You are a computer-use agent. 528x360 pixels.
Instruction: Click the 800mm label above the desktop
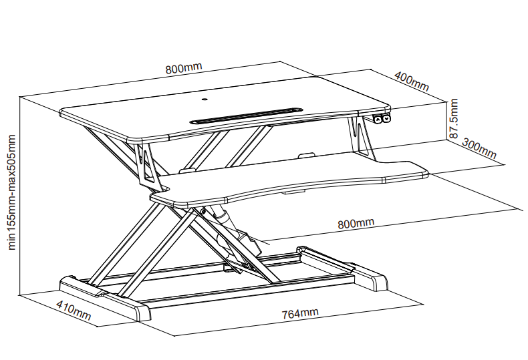tap(184, 67)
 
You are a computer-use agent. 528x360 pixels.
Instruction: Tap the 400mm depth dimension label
tap(412, 81)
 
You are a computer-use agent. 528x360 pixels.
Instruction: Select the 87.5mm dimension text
tap(454, 118)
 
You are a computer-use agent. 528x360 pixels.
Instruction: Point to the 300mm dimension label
tap(479, 148)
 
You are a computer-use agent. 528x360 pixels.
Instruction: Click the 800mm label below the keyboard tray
tap(356, 223)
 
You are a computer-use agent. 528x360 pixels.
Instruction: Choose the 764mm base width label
tap(299, 313)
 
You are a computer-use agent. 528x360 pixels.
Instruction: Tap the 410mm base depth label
tap(74, 310)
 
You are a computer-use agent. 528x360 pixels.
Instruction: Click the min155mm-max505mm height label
tap(11, 192)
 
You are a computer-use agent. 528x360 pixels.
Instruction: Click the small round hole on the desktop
tap(205, 100)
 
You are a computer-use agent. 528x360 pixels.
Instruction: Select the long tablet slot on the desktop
tap(246, 116)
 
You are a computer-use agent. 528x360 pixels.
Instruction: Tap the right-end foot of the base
tap(370, 278)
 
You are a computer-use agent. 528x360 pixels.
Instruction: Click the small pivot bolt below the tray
tap(203, 211)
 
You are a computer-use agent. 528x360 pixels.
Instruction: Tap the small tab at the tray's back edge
tap(305, 154)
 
